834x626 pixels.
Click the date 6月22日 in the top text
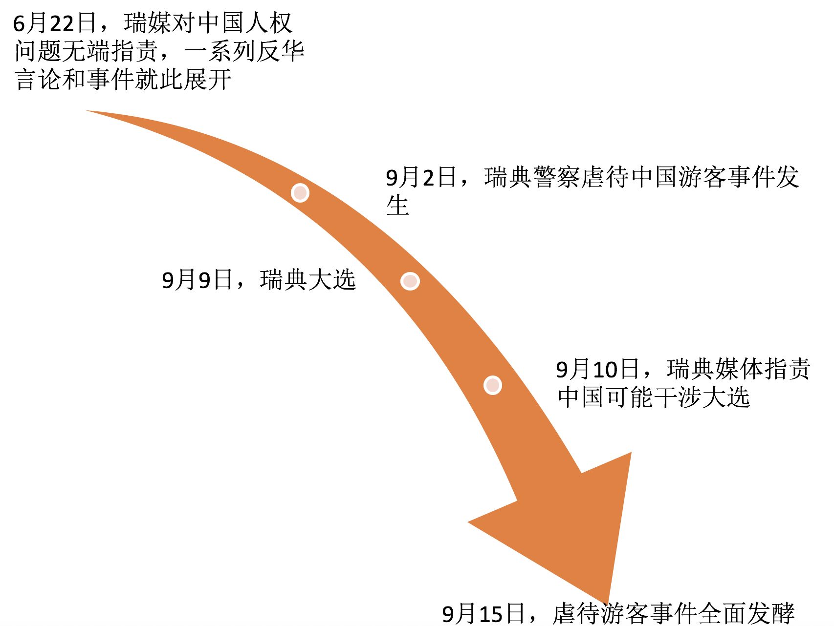55,23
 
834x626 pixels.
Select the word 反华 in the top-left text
281,51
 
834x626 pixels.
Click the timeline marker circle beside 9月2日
300,193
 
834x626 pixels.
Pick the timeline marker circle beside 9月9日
410,281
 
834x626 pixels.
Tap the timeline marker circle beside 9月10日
492,385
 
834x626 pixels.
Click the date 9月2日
421,177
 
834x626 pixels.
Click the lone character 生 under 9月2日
397,205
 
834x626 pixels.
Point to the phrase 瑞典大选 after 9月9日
308,280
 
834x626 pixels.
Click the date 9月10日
598,369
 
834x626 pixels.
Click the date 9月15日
483,614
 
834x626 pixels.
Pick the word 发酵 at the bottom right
771,614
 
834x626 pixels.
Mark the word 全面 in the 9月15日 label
723,614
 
